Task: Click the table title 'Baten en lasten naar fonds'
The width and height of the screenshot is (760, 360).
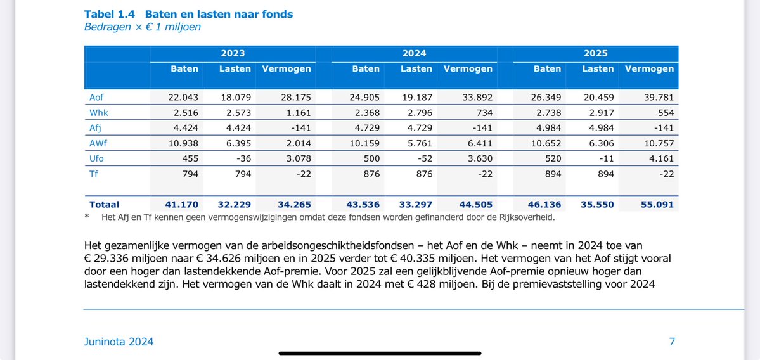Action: (x=219, y=14)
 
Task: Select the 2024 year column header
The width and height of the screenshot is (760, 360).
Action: (x=414, y=53)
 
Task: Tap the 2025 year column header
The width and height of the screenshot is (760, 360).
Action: (x=596, y=53)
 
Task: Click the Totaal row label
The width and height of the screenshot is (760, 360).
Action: (x=104, y=205)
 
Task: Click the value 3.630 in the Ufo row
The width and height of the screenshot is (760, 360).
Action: (x=477, y=158)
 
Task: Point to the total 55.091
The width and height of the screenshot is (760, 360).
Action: (x=657, y=205)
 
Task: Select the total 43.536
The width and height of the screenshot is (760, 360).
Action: (x=362, y=205)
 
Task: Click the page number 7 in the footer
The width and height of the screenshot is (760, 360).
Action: (x=672, y=342)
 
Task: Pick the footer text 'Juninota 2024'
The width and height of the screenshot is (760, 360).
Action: (x=119, y=342)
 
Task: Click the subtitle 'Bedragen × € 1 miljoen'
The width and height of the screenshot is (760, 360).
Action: (x=143, y=27)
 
